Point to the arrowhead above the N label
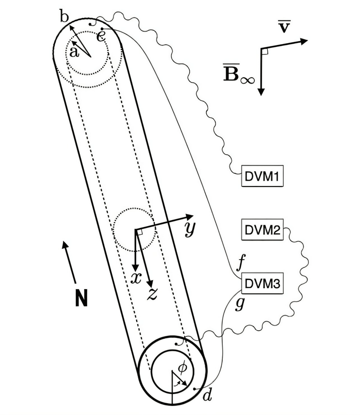click(65, 244)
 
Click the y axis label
click(190, 229)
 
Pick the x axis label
click(136, 278)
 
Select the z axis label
click(152, 293)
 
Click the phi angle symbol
click(181, 368)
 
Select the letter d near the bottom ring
click(207, 395)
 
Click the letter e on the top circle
click(101, 36)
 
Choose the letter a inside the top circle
click(74, 52)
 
